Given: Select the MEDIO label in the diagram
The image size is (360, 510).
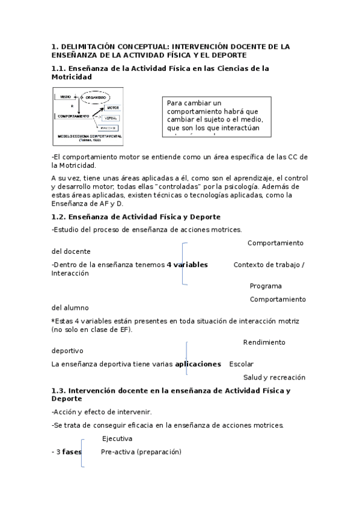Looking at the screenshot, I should [x=65, y=97].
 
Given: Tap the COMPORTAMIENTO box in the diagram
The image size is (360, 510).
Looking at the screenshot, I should [x=74, y=115].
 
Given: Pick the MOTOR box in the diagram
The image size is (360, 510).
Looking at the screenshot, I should [x=112, y=108].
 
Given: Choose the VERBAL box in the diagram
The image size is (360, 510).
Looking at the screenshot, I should [x=111, y=118].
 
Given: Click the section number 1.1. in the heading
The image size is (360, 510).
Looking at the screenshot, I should [x=59, y=69].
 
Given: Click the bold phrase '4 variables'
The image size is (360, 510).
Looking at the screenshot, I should [x=187, y=265].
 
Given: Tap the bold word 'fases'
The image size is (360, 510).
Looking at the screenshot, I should [x=72, y=452].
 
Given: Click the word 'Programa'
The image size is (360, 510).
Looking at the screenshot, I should [x=266, y=286].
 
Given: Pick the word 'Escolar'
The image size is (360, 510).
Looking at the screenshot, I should [x=241, y=364].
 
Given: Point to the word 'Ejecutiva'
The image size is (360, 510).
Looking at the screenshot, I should [x=117, y=438].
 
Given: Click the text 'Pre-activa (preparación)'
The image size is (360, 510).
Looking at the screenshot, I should [x=141, y=452].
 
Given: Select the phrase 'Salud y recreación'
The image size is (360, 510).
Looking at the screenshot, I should [x=274, y=377].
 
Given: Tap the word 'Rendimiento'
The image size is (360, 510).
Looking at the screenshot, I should [x=264, y=342].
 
